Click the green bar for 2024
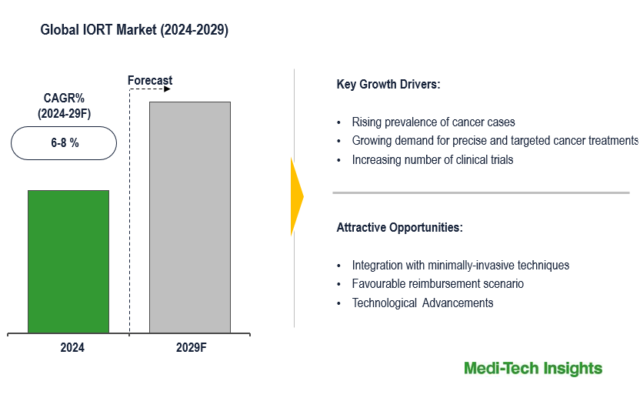[68, 262]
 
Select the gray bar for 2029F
[189, 217]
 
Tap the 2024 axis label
[72, 348]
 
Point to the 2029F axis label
[192, 348]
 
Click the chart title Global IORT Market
[134, 30]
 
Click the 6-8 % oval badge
[65, 142]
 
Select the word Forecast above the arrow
[150, 80]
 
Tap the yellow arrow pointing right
[296, 197]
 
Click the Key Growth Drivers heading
[388, 85]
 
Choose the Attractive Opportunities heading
[399, 228]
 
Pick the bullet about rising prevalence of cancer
[433, 122]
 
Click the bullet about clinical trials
[432, 160]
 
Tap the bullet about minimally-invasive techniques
[460, 265]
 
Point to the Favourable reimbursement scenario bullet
[438, 283]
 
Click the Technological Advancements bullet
[422, 303]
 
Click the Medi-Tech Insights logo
[533, 368]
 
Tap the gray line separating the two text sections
[481, 192]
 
